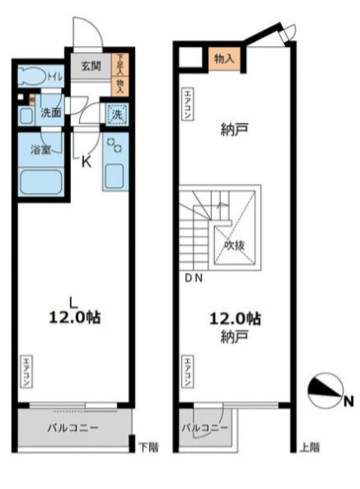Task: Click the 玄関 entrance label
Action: (91, 66)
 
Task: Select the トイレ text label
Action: (54, 77)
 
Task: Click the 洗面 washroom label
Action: (51, 113)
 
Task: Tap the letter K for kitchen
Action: (86, 162)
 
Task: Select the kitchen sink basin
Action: (114, 175)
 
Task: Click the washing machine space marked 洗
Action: (116, 116)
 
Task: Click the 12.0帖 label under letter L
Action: (72, 317)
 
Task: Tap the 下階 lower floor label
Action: (147, 447)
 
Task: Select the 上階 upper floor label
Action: (310, 447)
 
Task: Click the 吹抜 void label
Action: (233, 244)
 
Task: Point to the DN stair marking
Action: (193, 279)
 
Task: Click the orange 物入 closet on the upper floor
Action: (222, 59)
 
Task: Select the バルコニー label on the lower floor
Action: (72, 428)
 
